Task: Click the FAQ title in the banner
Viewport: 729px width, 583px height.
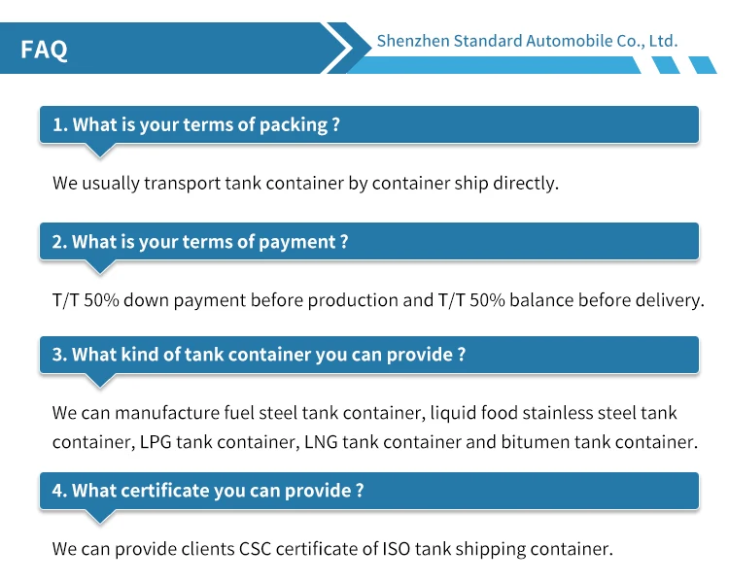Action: [x=44, y=50]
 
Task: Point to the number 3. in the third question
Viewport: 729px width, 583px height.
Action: [x=59, y=355]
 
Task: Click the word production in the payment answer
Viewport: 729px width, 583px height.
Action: [x=353, y=300]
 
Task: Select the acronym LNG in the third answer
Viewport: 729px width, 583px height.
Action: [x=321, y=442]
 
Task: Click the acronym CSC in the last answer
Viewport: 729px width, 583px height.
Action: [x=255, y=549]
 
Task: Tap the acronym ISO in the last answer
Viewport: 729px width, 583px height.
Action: [x=397, y=549]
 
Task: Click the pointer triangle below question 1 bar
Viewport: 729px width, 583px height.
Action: [x=100, y=151]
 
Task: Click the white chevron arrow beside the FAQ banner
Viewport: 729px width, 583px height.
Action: [x=339, y=48]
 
